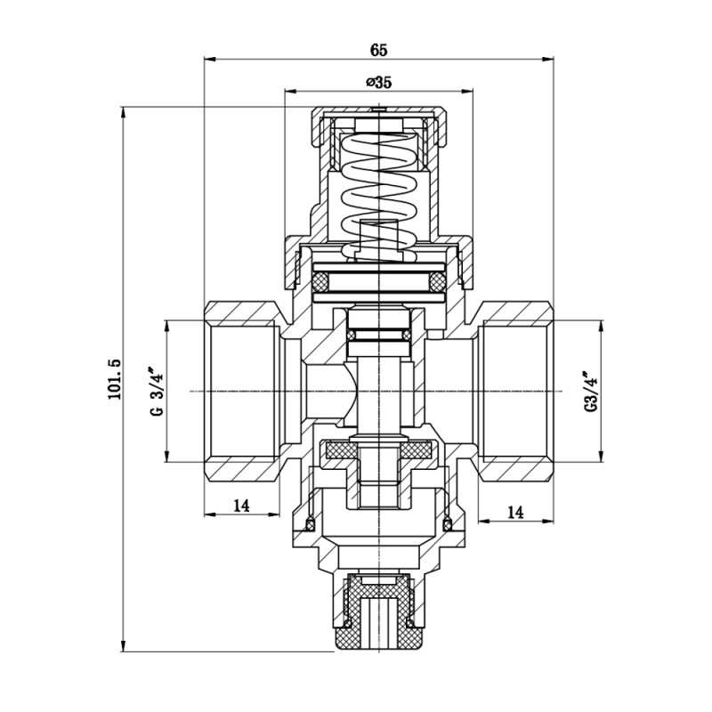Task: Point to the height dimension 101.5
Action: coord(114,379)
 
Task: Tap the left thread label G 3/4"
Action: coord(156,392)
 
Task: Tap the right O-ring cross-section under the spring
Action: coord(436,282)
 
